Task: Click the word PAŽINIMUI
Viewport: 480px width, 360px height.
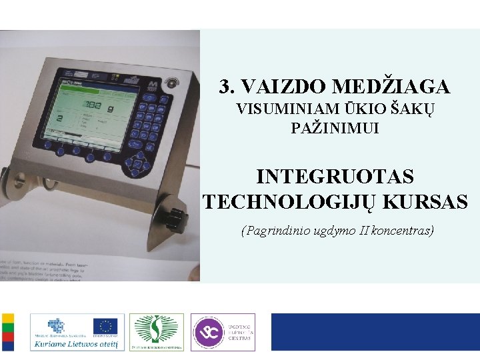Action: pos(335,128)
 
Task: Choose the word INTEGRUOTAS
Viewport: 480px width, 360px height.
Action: pos(335,177)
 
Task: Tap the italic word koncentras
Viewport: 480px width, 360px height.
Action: pos(403,231)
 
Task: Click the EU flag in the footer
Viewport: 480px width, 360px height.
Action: pos(105,326)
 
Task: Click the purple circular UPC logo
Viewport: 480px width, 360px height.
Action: pos(209,332)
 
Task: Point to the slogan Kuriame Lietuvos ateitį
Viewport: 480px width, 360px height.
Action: pos(77,344)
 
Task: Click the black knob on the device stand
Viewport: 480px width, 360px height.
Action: pos(174,216)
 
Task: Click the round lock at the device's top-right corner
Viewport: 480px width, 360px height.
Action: pos(174,83)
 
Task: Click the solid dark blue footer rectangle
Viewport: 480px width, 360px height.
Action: pos(375,332)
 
